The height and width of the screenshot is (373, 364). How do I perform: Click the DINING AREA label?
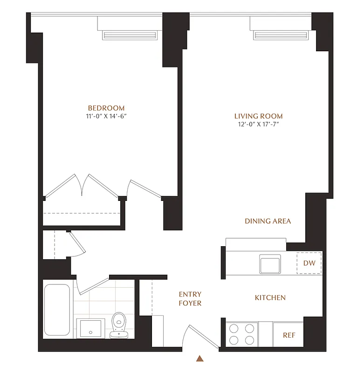pyautogui.click(x=268, y=221)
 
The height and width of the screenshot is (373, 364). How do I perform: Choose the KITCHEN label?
pyautogui.click(x=270, y=297)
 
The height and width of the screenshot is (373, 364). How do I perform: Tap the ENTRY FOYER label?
pyautogui.click(x=190, y=298)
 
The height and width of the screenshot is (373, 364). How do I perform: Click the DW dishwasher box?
pyautogui.click(x=309, y=263)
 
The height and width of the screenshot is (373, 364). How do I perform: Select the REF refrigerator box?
pyautogui.click(x=289, y=335)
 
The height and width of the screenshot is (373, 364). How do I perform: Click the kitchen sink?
pyautogui.click(x=270, y=264)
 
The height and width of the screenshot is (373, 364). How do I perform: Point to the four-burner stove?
pyautogui.click(x=242, y=333)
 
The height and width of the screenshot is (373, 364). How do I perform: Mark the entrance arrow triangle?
pyautogui.click(x=200, y=359)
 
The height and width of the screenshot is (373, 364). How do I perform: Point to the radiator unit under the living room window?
pyautogui.click(x=282, y=35)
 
